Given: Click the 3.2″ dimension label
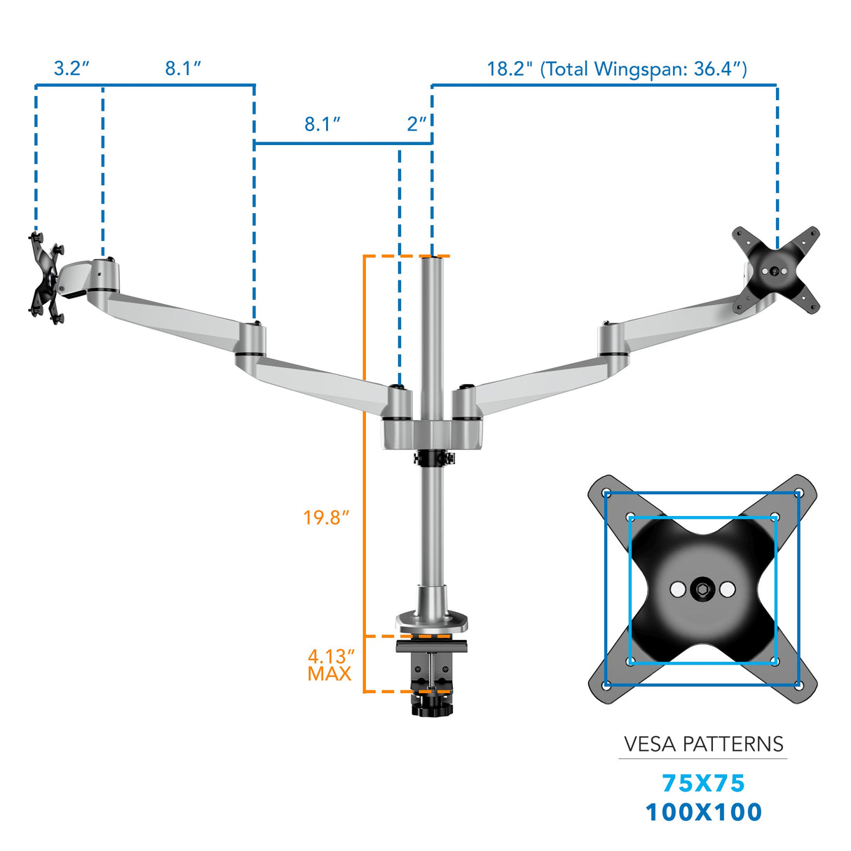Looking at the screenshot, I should pos(72,69).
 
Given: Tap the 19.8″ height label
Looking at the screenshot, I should pos(326,518).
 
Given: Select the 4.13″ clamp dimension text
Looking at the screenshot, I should pos(331,657).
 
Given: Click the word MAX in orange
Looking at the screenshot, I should pos(329,674).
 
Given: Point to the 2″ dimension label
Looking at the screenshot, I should pos(416,124).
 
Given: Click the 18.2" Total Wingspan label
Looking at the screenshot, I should pos(616,69).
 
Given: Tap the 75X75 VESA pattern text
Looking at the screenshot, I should pos(703,783).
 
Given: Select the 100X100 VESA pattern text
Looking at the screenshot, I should pos(703,812).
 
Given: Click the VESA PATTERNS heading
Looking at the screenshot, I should pos(703,744).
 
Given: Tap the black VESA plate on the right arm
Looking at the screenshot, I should pos(775,271).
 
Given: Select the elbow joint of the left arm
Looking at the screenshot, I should pos(250,341).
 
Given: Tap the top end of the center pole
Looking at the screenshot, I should pos(432,259).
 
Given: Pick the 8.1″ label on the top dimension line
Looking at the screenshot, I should pos(183,69).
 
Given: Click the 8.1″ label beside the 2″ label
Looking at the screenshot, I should pos(322,124).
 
